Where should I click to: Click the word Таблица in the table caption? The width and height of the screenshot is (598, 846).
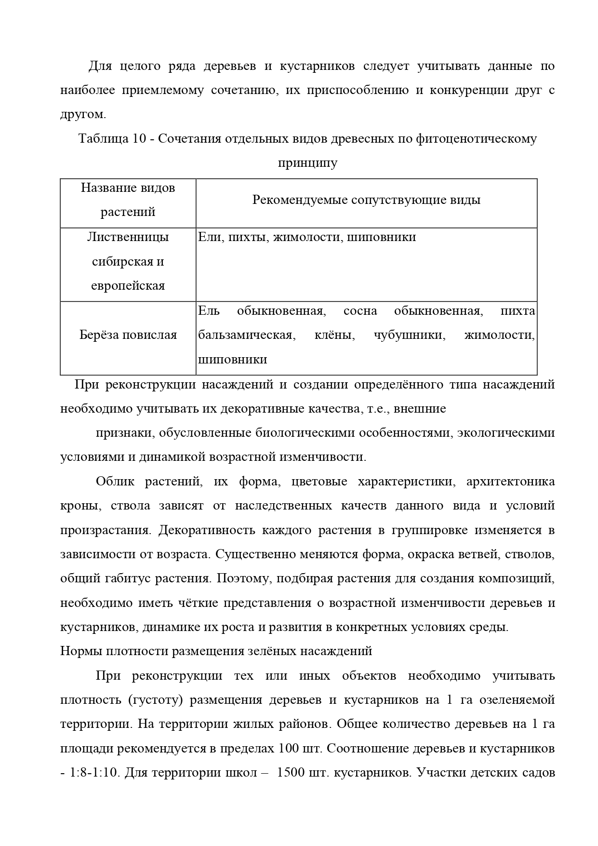pyautogui.click(x=102, y=139)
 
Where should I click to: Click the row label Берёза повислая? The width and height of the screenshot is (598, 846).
pyautogui.click(x=128, y=335)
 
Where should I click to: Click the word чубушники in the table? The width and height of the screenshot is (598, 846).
pyautogui.click(x=410, y=335)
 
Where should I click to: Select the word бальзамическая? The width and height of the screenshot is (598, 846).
pyautogui.click(x=245, y=335)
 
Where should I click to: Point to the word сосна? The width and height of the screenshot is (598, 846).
pyautogui.click(x=360, y=311)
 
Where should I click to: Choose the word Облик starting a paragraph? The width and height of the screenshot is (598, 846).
pyautogui.click(x=113, y=482)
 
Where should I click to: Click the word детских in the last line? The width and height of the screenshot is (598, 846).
pyautogui.click(x=492, y=772)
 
